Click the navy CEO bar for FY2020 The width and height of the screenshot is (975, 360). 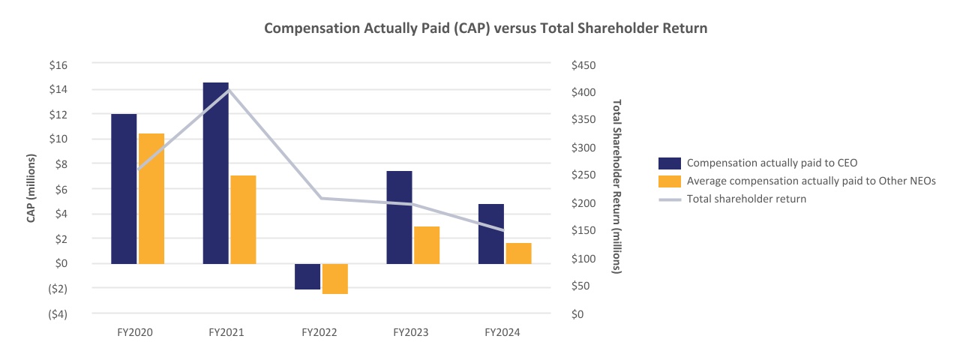[x=124, y=189]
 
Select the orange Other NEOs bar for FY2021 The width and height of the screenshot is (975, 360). [x=243, y=219]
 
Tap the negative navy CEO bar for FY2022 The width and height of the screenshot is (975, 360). [x=307, y=276]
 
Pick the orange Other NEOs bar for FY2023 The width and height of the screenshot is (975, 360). [x=427, y=244]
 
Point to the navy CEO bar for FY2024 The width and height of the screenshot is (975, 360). [x=491, y=233]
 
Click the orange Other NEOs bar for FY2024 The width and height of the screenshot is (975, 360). [x=518, y=253]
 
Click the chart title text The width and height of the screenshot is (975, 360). [x=487, y=28]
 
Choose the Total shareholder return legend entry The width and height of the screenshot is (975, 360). [x=746, y=199]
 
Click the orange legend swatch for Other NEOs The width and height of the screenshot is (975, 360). [x=669, y=181]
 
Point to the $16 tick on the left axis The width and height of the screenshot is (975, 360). [x=58, y=65]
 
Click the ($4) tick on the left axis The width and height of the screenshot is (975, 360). [x=58, y=313]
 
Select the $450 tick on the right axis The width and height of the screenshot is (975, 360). [x=583, y=65]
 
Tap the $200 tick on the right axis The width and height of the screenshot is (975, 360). [x=583, y=203]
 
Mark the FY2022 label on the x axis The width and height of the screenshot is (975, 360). [x=319, y=331]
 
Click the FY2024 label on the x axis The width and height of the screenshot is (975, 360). [x=502, y=331]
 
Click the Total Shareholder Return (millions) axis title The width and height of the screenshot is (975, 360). [x=617, y=186]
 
